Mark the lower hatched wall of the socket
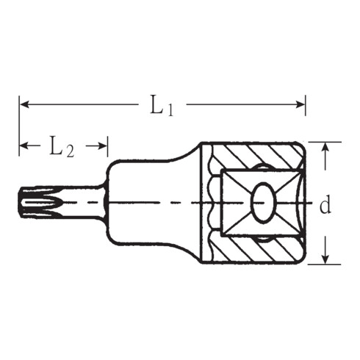[257, 251]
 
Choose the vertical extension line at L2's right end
[109, 151]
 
